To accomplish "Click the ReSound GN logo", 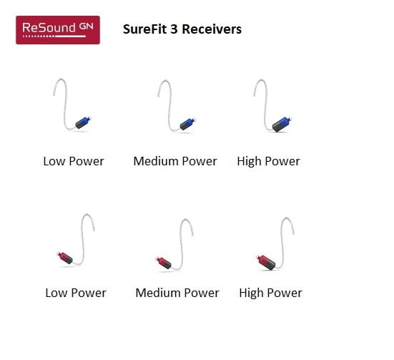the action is (x=58, y=30).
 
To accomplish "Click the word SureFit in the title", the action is (x=144, y=29).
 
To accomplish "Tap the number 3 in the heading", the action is (x=174, y=29).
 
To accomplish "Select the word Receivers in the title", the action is (x=212, y=29).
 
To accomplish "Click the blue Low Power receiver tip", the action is (x=83, y=122).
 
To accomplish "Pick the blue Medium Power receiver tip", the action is (x=187, y=124).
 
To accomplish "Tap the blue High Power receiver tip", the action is (x=282, y=124).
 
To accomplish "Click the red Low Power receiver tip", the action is (x=65, y=258).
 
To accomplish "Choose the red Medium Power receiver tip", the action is (x=163, y=263).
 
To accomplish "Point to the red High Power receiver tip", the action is (x=265, y=262).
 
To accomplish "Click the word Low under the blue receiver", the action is (x=54, y=161).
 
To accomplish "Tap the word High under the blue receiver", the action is (x=249, y=162).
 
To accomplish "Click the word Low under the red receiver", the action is (x=56, y=293).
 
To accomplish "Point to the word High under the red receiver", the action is (x=251, y=293).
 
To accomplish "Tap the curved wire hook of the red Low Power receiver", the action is (x=82, y=241).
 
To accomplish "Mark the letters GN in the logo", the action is (x=87, y=26).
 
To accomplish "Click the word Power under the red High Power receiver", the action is (x=285, y=293).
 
